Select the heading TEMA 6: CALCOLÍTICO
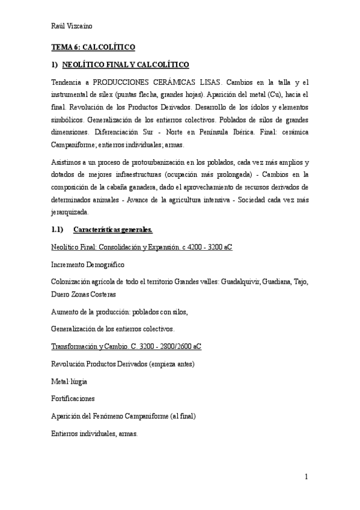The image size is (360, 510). click(x=92, y=46)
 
